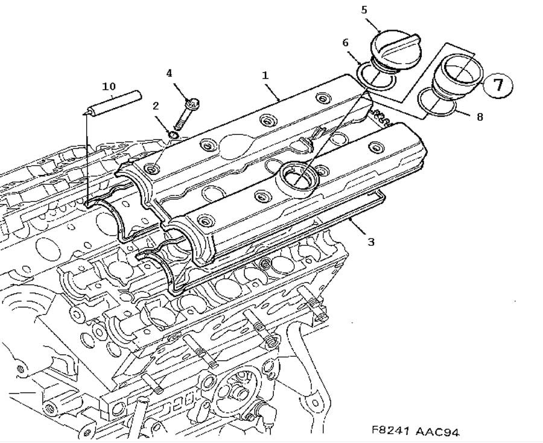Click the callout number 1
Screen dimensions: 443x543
click(x=265, y=77)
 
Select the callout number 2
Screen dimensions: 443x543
click(x=156, y=106)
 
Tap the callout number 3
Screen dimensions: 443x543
click(x=371, y=242)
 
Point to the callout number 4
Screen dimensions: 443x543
click(x=170, y=73)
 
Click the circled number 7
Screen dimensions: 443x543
click(x=498, y=84)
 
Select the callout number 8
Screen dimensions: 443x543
click(x=480, y=117)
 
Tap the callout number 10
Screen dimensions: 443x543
click(x=109, y=86)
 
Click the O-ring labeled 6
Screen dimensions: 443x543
click(x=375, y=81)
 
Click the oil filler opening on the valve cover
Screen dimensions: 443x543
click(x=297, y=176)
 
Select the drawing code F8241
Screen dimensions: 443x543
click(x=391, y=432)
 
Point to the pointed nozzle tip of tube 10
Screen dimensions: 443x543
click(x=87, y=112)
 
